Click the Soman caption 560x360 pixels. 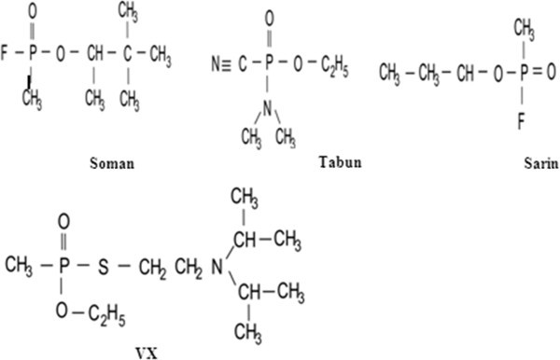pos(112,163)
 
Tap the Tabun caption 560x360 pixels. pos(340,162)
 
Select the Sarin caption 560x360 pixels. pos(541,163)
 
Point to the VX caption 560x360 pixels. pos(147,353)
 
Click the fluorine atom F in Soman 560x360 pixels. pos(5,52)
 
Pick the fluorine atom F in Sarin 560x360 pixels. pos(522,121)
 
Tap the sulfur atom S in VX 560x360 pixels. pos(104,267)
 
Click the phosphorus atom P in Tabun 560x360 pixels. pos(269,63)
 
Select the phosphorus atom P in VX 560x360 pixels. pos(63,266)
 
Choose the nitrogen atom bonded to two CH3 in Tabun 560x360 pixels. pos(268,108)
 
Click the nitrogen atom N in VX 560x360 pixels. pos(217,267)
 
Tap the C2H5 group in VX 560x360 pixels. pos(106,315)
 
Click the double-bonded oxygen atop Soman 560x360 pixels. pos(32,11)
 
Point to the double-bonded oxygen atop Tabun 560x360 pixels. pos(270,19)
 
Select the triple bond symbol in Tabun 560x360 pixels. pos(226,64)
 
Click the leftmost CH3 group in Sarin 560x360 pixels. pos(389,74)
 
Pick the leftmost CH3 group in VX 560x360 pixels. pos(19,266)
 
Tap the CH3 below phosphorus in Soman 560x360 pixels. pos(32,99)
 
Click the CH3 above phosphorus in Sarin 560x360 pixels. pos(524,30)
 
